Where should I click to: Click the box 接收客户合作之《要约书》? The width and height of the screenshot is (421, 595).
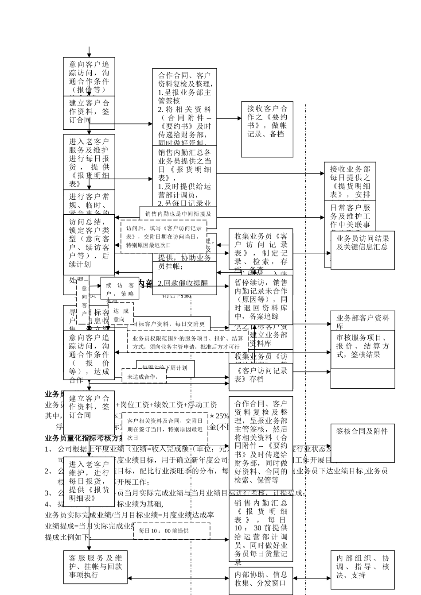coord(268,129)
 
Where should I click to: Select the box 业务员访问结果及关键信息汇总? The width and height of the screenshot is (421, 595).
coord(362,250)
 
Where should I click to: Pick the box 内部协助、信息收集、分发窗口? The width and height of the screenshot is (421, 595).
coord(261,580)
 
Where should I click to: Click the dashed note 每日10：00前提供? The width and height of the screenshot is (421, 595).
coord(172,531)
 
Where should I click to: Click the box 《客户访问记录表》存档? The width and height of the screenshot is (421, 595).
coord(261,375)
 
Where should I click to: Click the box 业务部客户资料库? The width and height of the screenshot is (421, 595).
coord(362,321)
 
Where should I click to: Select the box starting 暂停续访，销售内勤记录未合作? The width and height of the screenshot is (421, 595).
coord(261,300)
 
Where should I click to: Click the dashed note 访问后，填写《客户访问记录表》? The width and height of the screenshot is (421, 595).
coord(164,236)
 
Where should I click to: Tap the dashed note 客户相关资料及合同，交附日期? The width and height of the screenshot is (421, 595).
coord(164,428)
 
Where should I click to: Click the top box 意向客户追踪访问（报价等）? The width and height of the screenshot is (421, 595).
coord(89,77)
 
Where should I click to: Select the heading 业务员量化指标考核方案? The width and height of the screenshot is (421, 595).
coord(84,438)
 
